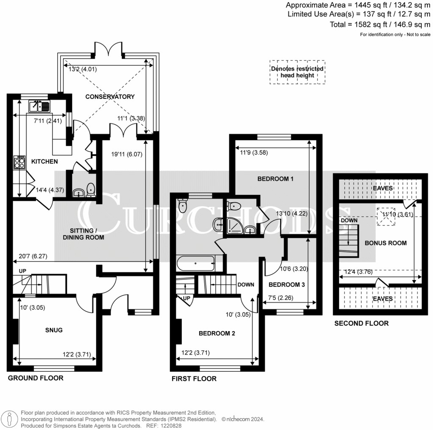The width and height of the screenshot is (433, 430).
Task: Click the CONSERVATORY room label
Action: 110,97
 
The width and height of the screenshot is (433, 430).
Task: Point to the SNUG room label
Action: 54,330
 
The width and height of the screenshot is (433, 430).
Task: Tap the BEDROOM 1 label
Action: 275,179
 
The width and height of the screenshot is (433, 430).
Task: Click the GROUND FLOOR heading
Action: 36,378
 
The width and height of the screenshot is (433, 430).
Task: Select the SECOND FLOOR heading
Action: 361,324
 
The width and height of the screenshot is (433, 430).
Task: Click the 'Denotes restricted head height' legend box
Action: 297,72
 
